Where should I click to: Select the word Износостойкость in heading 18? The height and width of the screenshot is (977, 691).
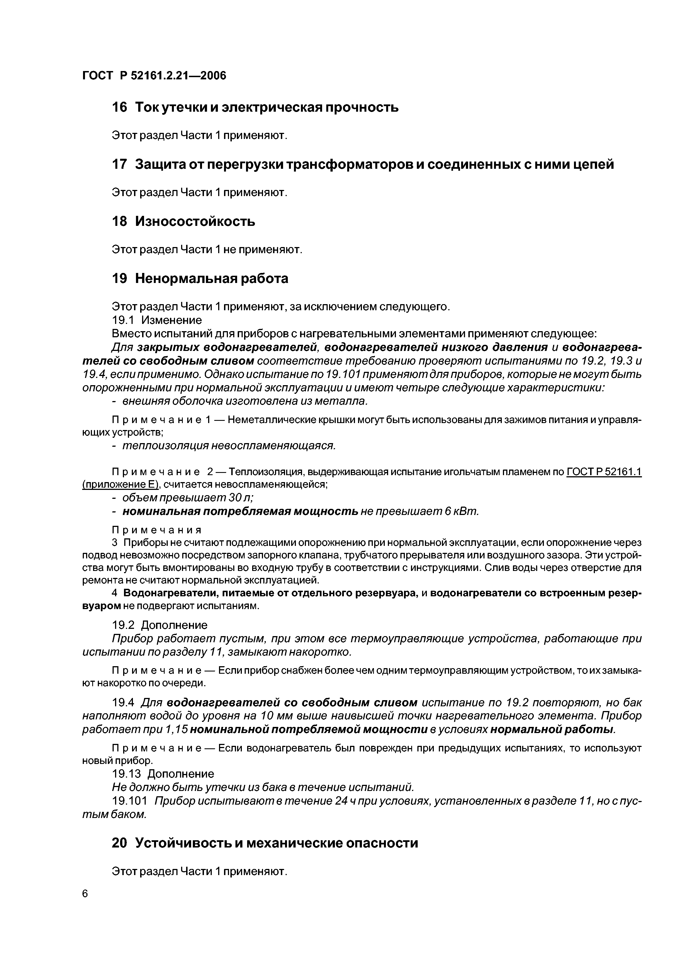195,221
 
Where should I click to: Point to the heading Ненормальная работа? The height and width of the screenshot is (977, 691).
211,278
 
